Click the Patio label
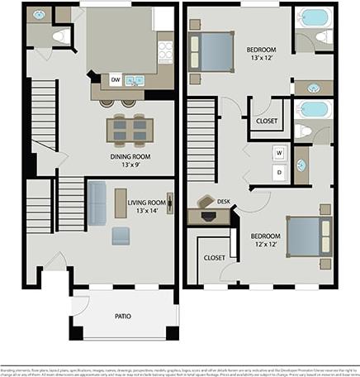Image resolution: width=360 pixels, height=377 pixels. coord(122,316)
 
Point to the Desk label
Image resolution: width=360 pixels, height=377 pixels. coord(224,201)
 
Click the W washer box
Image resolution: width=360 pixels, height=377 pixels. coord(279,153)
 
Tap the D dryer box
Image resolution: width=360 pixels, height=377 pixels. coord(279,171)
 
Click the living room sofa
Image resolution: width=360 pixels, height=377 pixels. coord(97,203)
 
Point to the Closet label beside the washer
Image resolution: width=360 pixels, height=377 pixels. coord(268,121)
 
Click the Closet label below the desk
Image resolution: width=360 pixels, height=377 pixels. coord(215,258)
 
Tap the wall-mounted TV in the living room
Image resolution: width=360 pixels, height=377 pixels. coord(170,203)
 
